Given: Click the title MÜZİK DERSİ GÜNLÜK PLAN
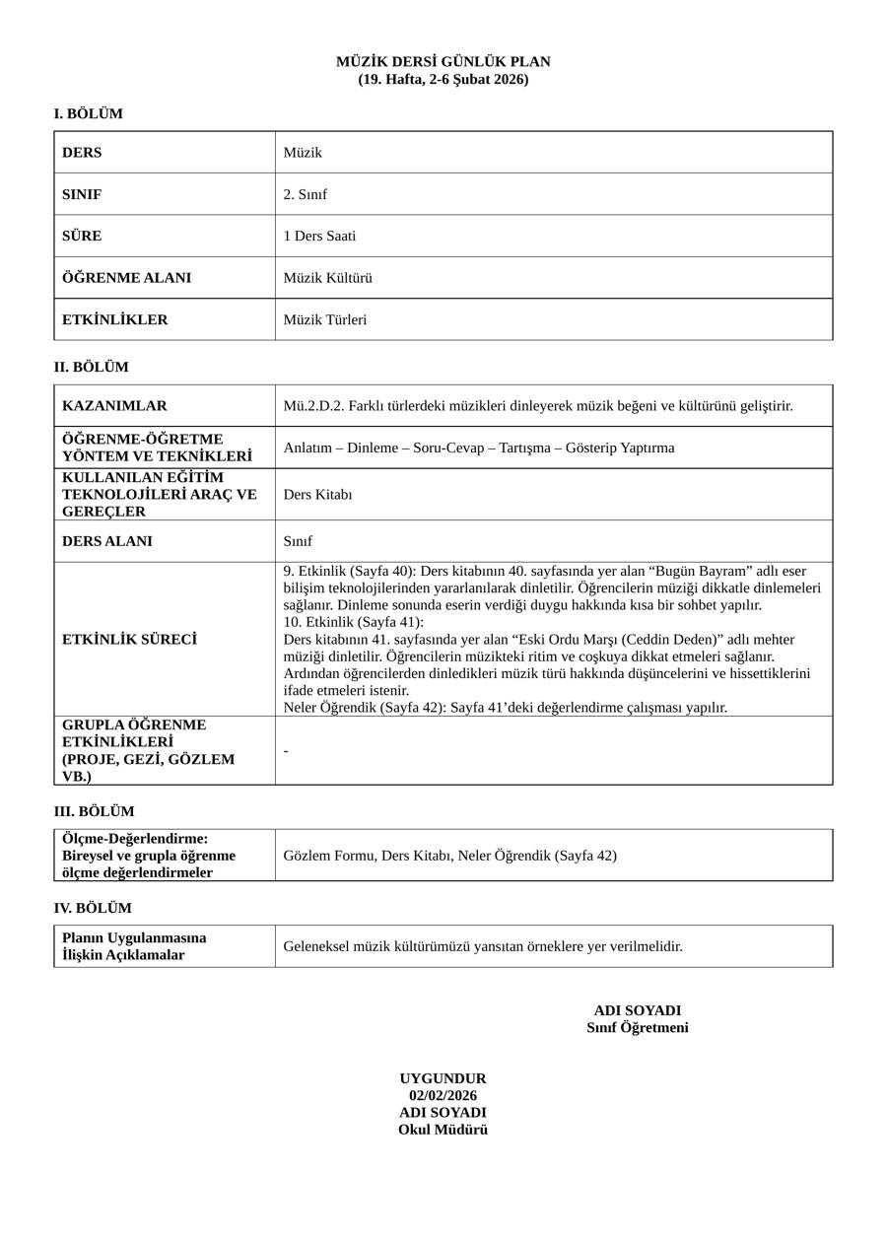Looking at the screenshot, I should (x=443, y=62).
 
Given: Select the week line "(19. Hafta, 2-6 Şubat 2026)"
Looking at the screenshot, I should (x=443, y=80).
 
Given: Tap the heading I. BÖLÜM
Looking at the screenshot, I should (x=89, y=114).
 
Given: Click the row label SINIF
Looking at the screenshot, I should (x=82, y=194).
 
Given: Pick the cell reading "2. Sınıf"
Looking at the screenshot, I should (x=305, y=194).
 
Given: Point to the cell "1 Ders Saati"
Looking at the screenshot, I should (x=319, y=237).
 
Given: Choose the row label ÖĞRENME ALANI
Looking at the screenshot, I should (x=126, y=278).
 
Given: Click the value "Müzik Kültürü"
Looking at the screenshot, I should (x=327, y=278).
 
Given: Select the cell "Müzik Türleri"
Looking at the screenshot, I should (x=324, y=320).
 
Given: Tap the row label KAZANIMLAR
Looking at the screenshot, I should (x=114, y=406).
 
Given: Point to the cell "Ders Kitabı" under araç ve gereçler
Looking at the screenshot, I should (x=317, y=495).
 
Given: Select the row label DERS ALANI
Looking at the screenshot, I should (x=107, y=541).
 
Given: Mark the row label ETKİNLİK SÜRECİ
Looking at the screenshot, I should (x=129, y=640).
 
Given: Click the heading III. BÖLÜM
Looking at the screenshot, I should (x=94, y=812).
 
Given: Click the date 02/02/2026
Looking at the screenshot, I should (x=443, y=1096).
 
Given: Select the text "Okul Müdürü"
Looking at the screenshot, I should (x=443, y=1131).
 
